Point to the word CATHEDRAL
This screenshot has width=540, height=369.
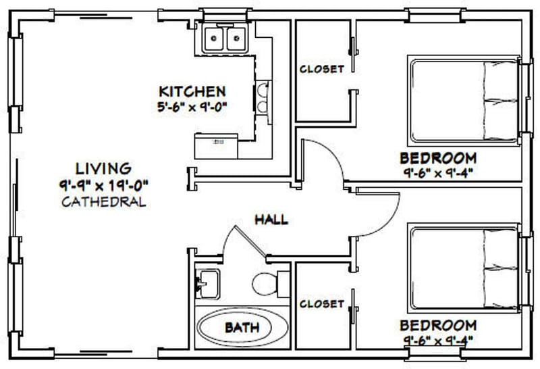[x=103, y=201]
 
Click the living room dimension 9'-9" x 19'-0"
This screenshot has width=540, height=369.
[x=103, y=184]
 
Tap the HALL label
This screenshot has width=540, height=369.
[x=271, y=219]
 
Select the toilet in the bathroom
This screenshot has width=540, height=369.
[x=269, y=282]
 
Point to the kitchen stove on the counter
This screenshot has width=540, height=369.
[x=263, y=99]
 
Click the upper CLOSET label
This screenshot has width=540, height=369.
[x=322, y=69]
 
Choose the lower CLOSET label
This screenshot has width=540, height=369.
[x=322, y=303]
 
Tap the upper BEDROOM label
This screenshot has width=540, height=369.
[x=438, y=157]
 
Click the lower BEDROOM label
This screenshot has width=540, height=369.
[x=438, y=325]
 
